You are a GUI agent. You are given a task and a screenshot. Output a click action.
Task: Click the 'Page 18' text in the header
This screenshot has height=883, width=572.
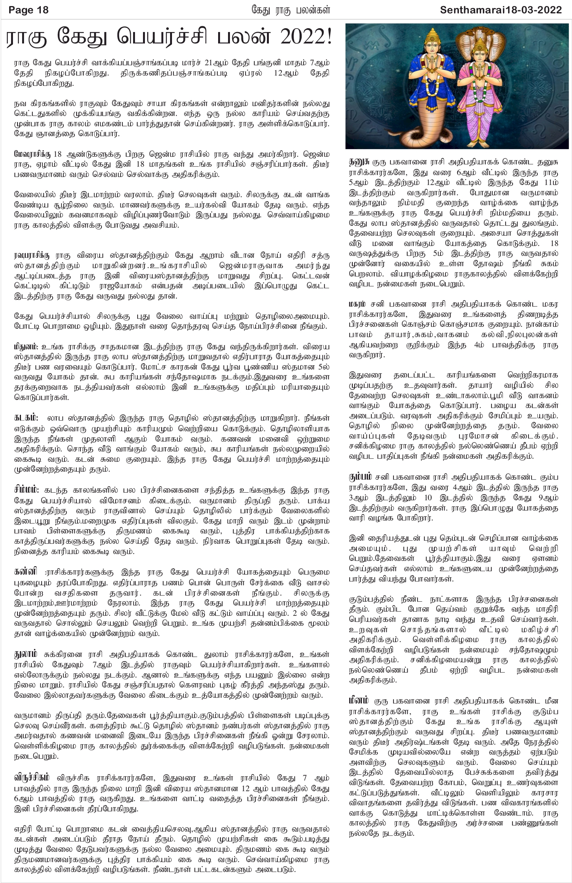29,10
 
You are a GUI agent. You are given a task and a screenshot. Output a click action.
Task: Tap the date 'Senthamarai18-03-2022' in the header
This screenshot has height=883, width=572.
501,10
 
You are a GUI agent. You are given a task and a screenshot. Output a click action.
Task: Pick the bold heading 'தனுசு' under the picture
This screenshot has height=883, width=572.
359,161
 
